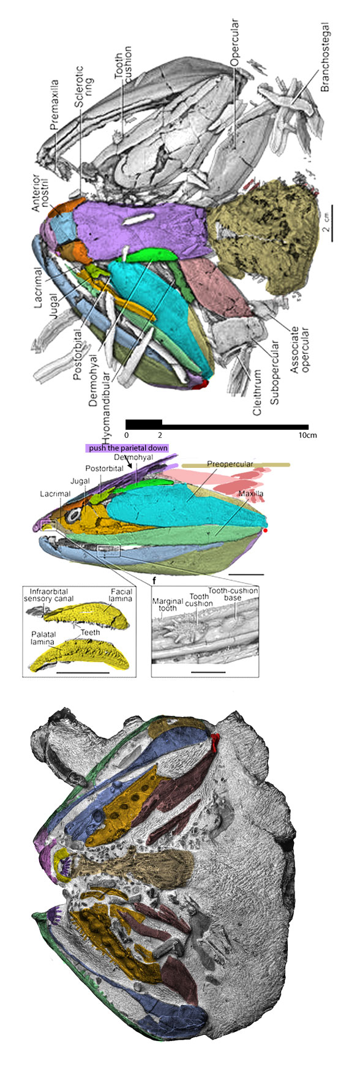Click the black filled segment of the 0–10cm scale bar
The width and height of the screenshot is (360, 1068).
[143, 423]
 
